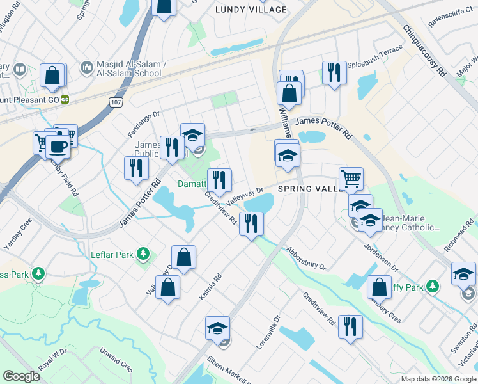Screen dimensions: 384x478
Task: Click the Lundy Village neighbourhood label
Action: (x=251, y=10)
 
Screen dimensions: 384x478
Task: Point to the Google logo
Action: (x=21, y=376)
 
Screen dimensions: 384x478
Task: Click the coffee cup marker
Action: (x=58, y=146)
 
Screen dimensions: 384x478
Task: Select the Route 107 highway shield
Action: (x=115, y=102)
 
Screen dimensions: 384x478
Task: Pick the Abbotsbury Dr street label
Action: (x=307, y=258)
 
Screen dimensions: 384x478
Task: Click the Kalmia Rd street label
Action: (x=210, y=286)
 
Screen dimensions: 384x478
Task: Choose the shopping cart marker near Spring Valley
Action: (x=351, y=178)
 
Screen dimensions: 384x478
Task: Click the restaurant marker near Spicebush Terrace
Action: (x=334, y=72)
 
